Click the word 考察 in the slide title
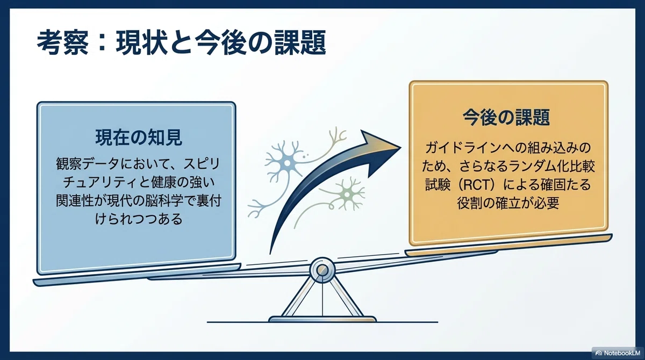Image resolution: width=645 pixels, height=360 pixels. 63,44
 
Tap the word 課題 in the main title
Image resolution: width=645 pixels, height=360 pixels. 300,44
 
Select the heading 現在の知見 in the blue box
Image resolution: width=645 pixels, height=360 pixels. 139,138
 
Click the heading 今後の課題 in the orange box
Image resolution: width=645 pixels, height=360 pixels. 506,118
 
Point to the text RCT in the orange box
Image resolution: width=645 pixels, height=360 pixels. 472,185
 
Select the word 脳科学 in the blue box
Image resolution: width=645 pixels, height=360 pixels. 164,200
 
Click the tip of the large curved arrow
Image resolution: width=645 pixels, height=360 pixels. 401,147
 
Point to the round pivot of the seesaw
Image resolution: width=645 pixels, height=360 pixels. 322,270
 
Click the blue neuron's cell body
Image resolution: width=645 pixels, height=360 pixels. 287,163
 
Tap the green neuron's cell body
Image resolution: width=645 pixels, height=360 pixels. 347,195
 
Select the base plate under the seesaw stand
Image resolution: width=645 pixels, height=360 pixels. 322,319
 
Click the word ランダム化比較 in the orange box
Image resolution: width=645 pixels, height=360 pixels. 550,167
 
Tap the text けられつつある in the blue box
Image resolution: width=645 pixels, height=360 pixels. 139,219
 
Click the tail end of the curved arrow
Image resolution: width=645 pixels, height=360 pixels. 270,253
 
